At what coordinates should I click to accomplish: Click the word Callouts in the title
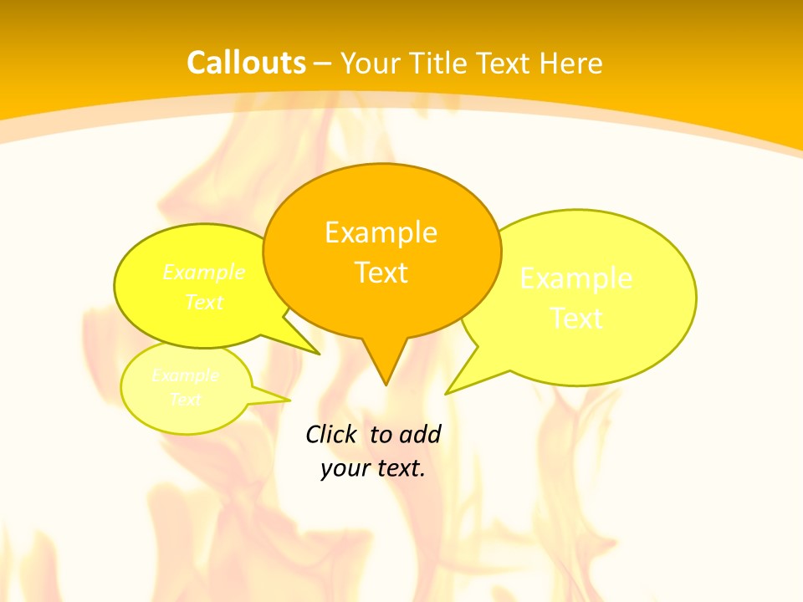click(x=246, y=63)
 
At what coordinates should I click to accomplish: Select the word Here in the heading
click(x=571, y=64)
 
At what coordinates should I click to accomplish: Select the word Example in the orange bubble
click(x=381, y=232)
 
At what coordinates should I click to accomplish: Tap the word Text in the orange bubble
click(x=381, y=273)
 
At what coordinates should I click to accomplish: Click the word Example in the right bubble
click(x=576, y=278)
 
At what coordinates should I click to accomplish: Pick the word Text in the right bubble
click(x=576, y=319)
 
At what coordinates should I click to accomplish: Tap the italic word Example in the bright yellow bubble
click(x=203, y=273)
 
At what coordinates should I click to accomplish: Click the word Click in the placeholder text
click(x=330, y=434)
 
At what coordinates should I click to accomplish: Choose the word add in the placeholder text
click(x=420, y=434)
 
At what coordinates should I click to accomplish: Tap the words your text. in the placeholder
click(x=373, y=468)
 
